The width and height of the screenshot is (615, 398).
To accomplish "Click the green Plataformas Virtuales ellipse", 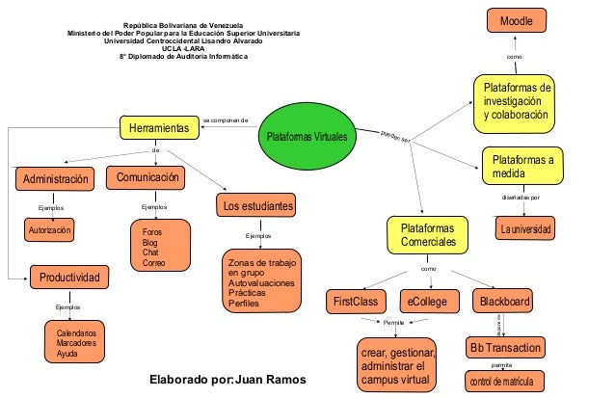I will click(x=307, y=138).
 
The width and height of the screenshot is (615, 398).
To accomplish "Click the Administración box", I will click(x=57, y=179).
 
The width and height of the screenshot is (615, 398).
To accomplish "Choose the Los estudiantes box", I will click(x=256, y=206).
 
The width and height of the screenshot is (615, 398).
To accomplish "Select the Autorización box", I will click(x=49, y=231).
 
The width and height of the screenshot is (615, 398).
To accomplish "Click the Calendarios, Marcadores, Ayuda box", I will click(x=83, y=343).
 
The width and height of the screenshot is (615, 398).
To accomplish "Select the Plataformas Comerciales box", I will click(x=428, y=234).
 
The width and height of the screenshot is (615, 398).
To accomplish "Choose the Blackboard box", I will click(x=505, y=302).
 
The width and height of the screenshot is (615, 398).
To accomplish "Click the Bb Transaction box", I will click(x=505, y=347).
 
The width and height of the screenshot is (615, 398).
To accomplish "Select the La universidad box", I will click(x=524, y=229).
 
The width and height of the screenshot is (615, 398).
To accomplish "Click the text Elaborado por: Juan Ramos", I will click(x=227, y=380).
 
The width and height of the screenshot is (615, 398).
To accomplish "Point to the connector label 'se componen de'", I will click(x=226, y=120).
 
